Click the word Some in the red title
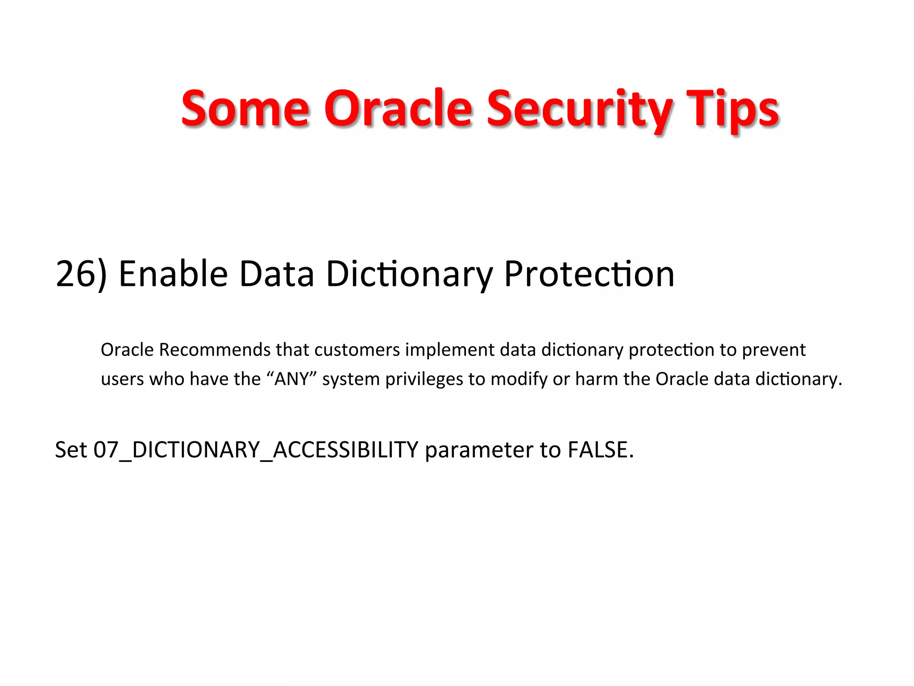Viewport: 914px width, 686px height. click(x=245, y=109)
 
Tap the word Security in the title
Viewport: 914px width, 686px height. click(x=579, y=109)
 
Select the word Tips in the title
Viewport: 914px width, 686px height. click(x=732, y=109)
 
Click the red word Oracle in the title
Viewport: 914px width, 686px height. click(x=398, y=109)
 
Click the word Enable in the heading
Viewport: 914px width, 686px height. click(x=173, y=274)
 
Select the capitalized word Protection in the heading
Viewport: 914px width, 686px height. click(x=589, y=274)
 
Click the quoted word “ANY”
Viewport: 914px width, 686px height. click(x=291, y=379)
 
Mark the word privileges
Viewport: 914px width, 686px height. click(x=424, y=379)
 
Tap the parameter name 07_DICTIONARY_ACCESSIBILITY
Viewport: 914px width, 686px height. click(x=256, y=450)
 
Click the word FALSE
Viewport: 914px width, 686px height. click(x=600, y=450)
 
